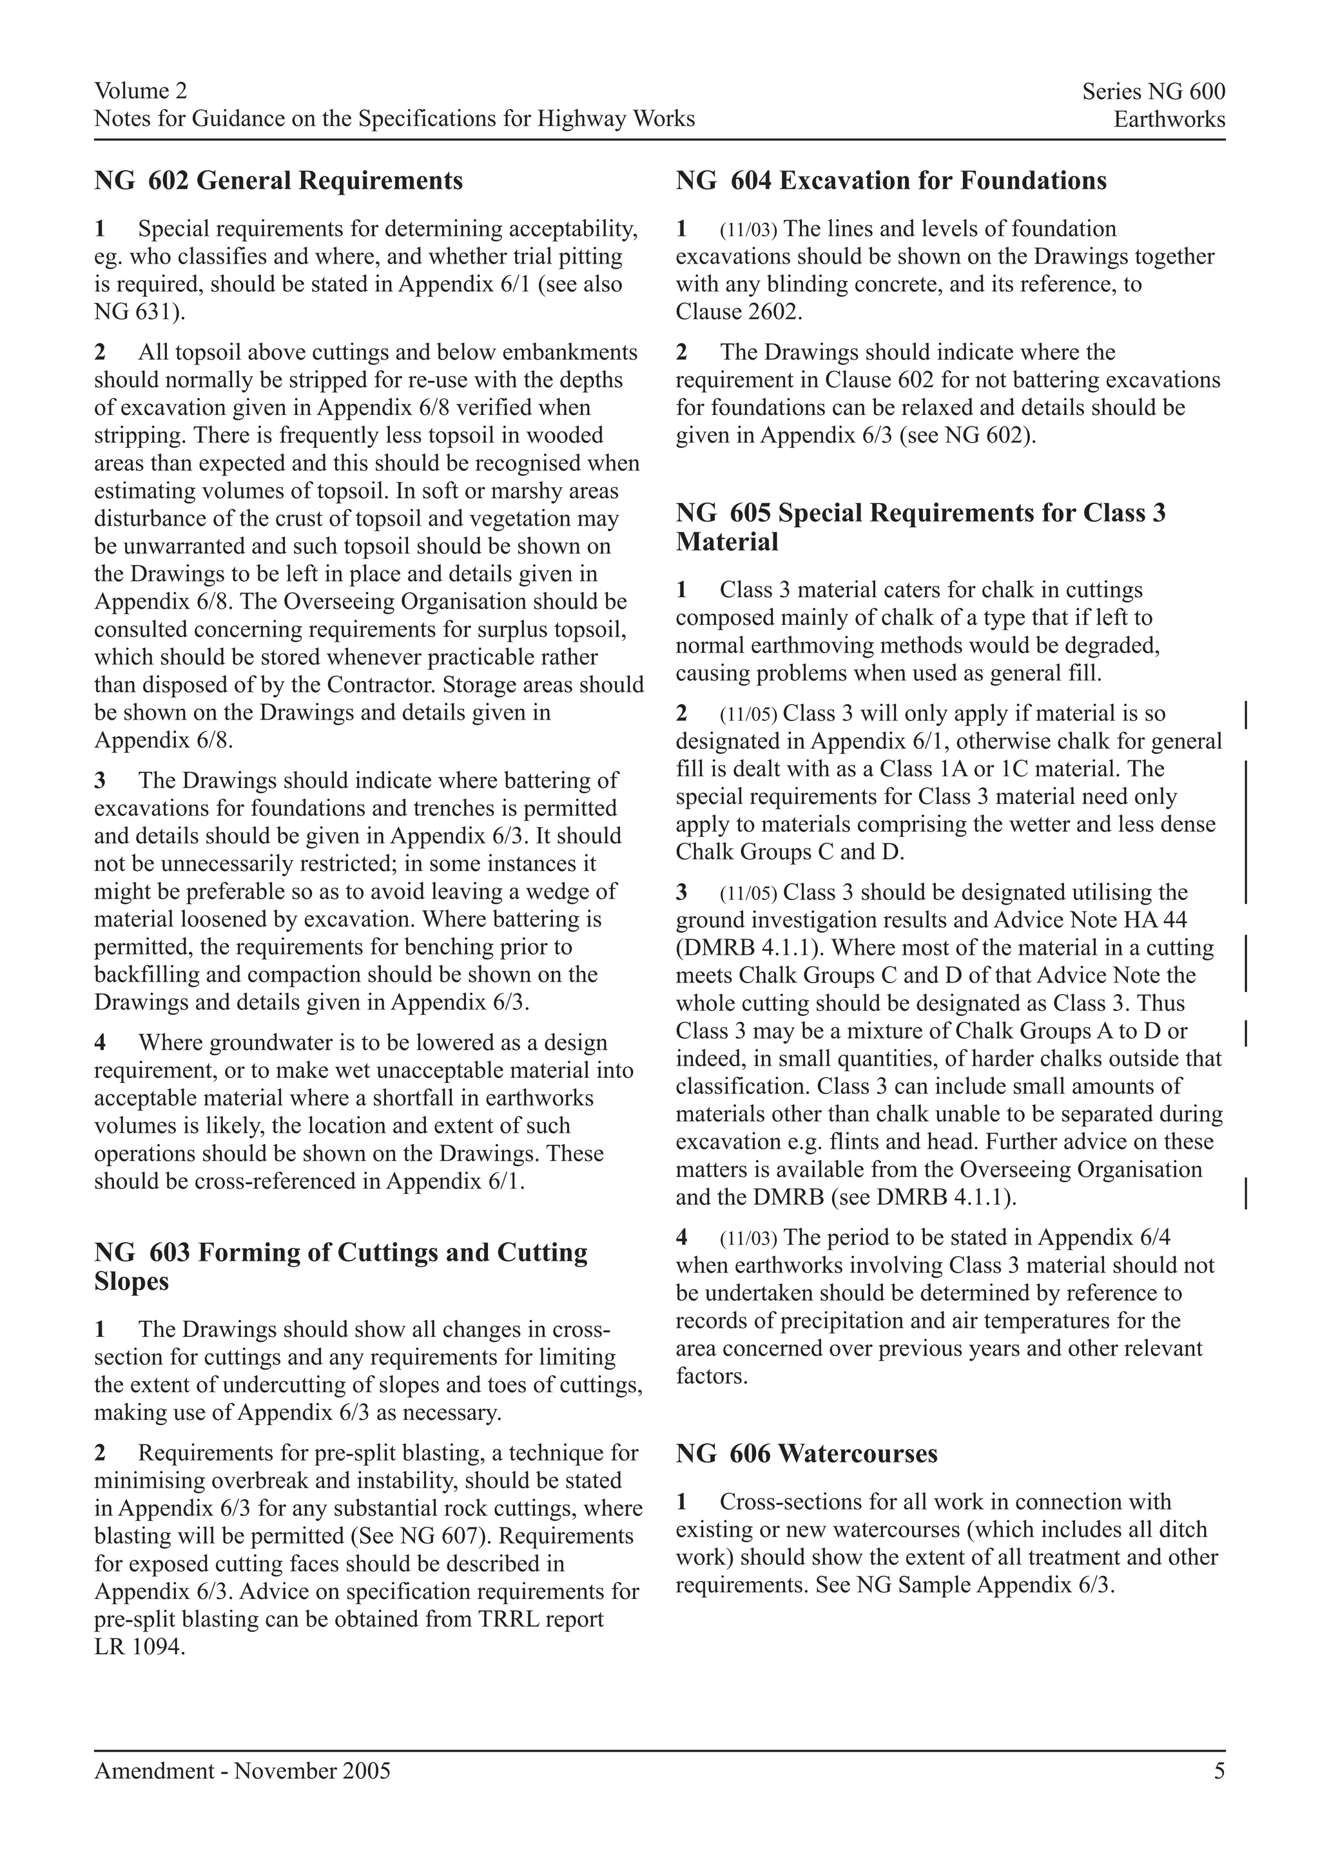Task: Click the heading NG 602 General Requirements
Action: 278,180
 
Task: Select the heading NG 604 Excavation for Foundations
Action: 891,180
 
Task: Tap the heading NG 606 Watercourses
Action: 806,1453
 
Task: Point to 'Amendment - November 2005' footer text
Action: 242,1771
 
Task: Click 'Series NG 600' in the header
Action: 1152,92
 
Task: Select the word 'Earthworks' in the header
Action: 1169,120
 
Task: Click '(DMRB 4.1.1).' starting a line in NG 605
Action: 746,948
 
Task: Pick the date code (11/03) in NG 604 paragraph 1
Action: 749,230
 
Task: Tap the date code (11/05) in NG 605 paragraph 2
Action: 749,714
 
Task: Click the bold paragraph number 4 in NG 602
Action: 100,1042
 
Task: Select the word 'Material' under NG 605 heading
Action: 726,542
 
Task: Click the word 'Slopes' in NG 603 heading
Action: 131,1281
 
